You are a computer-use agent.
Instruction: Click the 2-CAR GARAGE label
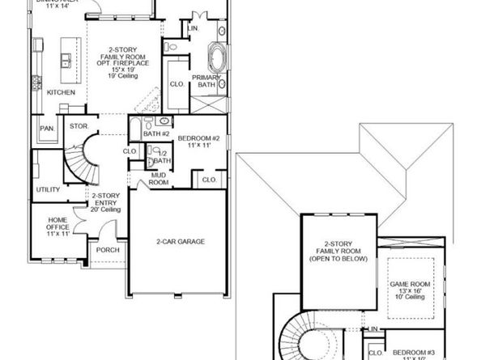pyautogui.click(x=180, y=241)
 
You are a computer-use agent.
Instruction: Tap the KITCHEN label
pyautogui.click(x=62, y=92)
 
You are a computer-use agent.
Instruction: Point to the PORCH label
pyautogui.click(x=108, y=250)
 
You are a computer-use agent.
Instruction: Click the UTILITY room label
pyautogui.click(x=48, y=189)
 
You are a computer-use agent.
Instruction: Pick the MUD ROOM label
pyautogui.click(x=159, y=179)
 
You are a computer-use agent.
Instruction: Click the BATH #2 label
pyautogui.click(x=155, y=132)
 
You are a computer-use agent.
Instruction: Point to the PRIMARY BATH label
pyautogui.click(x=206, y=81)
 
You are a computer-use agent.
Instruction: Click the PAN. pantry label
pyautogui.click(x=47, y=128)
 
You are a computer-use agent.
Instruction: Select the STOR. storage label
pyautogui.click(x=79, y=126)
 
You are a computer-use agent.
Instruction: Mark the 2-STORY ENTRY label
pyautogui.click(x=106, y=202)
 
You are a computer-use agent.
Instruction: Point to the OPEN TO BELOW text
pyautogui.click(x=340, y=259)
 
